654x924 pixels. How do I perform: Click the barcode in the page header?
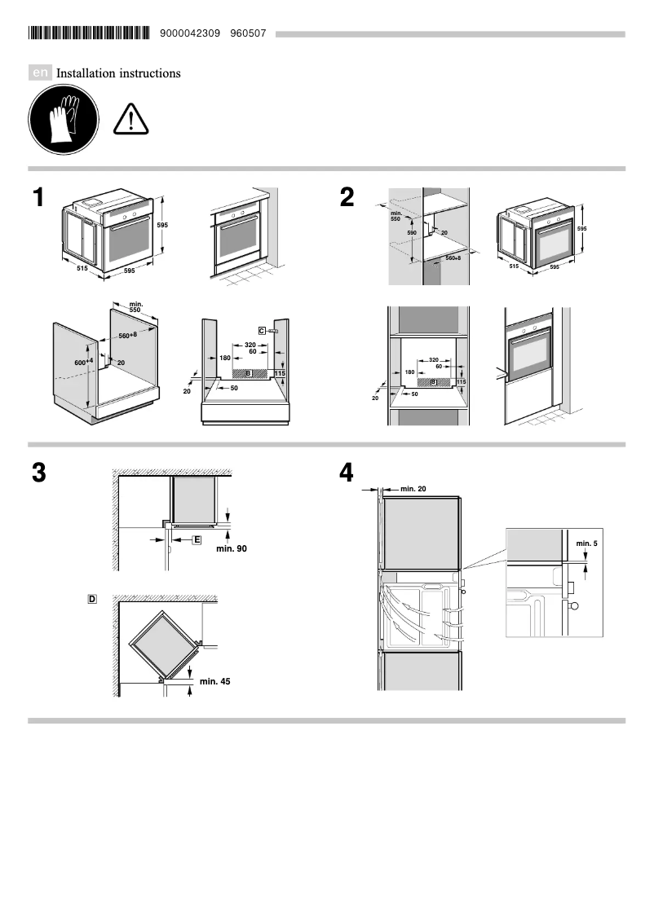[x=89, y=33]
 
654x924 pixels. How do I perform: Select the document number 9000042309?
[x=191, y=33]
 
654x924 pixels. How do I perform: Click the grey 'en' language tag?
[x=41, y=73]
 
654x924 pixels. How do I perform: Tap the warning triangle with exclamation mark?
[x=127, y=120]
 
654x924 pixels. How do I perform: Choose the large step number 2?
[x=347, y=199]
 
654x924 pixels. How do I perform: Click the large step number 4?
[x=347, y=473]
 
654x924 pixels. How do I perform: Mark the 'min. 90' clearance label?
[x=231, y=549]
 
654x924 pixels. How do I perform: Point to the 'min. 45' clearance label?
[x=214, y=680]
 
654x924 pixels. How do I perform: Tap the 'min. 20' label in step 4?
[x=413, y=489]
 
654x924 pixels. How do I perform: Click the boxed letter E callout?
[x=197, y=539]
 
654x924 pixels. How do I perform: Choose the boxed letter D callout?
[x=92, y=599]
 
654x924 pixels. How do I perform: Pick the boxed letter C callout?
[x=262, y=330]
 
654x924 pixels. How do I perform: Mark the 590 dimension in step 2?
[x=412, y=233]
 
